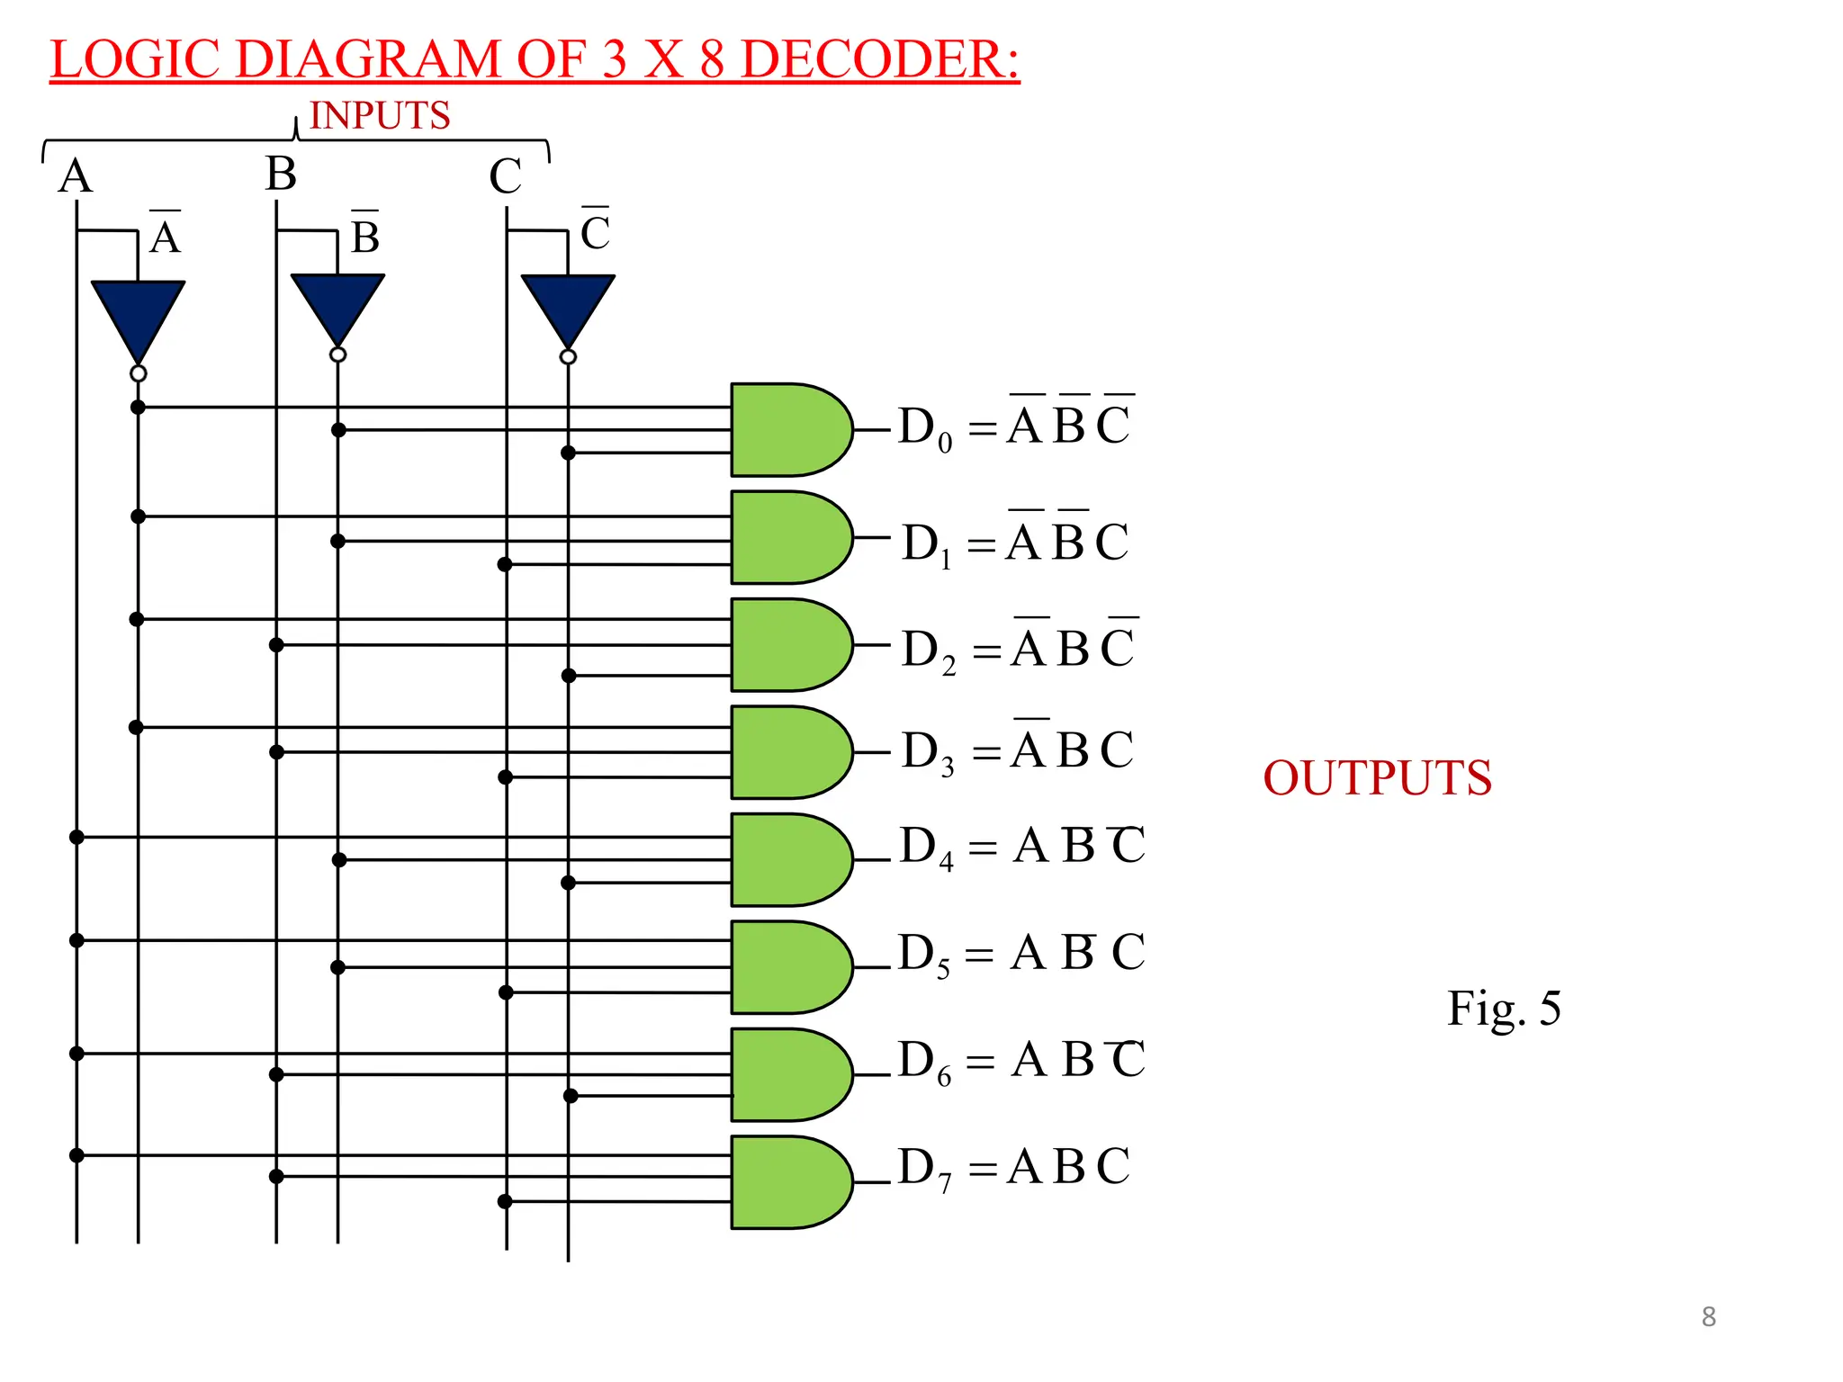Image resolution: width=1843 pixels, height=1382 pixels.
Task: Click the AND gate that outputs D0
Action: [x=788, y=429]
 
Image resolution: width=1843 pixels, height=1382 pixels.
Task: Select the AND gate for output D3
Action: [x=788, y=752]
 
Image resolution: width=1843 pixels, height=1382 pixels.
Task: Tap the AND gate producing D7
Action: [x=788, y=1181]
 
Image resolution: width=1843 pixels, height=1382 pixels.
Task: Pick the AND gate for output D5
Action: [x=788, y=967]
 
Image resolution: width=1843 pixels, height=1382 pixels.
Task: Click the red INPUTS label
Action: [x=379, y=116]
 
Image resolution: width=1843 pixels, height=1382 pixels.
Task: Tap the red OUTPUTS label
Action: [x=1377, y=778]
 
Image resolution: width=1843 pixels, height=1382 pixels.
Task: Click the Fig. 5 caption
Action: [x=1503, y=1008]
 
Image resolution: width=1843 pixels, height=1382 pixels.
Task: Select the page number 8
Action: [x=1708, y=1317]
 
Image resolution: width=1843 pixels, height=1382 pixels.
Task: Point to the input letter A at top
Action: [x=76, y=175]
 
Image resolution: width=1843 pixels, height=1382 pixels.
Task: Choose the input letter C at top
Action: [x=505, y=176]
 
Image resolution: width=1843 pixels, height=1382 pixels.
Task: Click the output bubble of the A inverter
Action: [x=138, y=373]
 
